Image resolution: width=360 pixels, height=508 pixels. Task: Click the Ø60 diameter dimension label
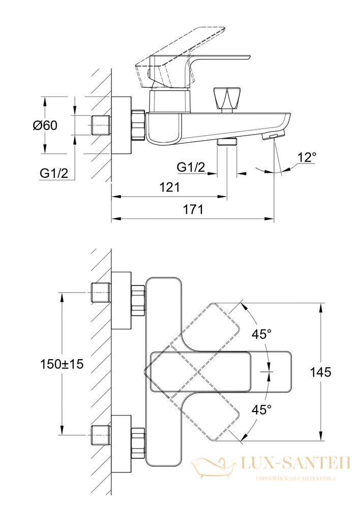(45, 125)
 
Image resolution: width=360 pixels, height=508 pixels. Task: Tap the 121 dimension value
(170, 187)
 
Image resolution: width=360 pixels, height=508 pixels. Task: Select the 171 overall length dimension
(194, 209)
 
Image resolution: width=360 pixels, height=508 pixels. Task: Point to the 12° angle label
(307, 157)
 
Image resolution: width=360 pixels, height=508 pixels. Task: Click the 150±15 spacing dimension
(62, 364)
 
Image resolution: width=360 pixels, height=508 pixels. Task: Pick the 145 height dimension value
(321, 372)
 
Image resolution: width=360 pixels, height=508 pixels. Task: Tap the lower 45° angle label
(261, 410)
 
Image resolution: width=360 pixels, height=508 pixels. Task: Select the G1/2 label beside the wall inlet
(54, 173)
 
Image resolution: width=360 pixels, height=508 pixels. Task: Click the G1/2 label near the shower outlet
(191, 167)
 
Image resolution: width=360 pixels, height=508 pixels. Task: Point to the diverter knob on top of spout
(227, 99)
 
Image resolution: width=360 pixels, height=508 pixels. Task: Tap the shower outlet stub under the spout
(227, 142)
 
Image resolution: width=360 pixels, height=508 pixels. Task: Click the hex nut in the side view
(138, 125)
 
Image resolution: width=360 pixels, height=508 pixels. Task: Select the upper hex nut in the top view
(138, 300)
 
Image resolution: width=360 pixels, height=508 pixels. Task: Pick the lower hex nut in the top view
(138, 443)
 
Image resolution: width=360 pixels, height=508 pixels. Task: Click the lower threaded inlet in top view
(101, 434)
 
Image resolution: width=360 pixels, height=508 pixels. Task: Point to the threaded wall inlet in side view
(101, 125)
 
